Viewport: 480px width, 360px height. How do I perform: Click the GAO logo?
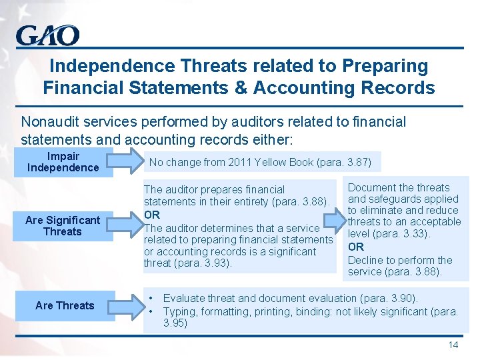(47, 35)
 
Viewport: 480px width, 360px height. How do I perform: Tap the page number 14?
(453, 345)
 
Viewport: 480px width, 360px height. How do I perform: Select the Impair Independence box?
(63, 162)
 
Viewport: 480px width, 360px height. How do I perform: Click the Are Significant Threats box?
(63, 226)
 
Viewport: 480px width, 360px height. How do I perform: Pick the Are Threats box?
(65, 305)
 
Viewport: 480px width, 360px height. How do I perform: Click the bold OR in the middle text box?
(152, 215)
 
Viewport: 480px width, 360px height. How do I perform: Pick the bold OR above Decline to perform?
(356, 247)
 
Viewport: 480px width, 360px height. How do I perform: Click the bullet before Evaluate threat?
(153, 299)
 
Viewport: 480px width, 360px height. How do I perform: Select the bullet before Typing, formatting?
(153, 311)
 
